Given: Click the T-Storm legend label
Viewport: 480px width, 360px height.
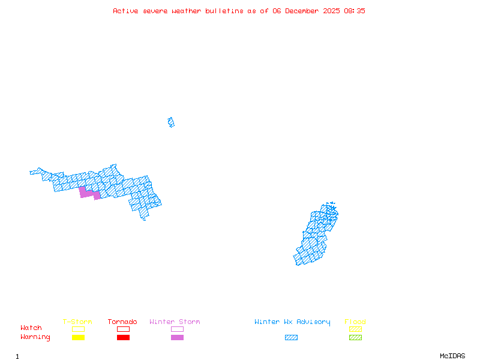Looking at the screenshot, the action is tap(77, 322).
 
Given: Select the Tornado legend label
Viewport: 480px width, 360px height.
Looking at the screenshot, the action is tap(122, 322).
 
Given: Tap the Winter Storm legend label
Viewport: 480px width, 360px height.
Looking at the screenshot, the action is tap(175, 322).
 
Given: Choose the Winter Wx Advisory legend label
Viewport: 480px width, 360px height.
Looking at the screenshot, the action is tap(292, 322).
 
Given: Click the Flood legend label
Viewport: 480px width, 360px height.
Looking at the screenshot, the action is tap(355, 322).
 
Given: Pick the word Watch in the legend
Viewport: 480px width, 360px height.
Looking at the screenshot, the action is tap(31, 328).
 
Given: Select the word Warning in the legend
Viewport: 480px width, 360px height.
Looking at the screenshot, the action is tap(35, 337).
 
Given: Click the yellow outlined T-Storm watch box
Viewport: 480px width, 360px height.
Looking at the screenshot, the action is tap(78, 329).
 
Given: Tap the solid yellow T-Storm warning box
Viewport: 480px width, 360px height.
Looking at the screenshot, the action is tap(78, 338).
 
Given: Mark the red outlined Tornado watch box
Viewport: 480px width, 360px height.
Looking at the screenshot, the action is tap(123, 329).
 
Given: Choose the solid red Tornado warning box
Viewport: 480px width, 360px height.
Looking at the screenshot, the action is tap(123, 338).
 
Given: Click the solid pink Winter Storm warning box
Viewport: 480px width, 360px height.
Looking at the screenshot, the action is tap(177, 338).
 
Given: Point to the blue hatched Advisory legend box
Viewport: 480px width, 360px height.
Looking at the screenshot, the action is tap(291, 338).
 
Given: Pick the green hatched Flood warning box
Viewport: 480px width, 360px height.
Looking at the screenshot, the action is tap(355, 338).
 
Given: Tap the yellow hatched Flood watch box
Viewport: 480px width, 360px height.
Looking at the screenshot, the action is tap(355, 329).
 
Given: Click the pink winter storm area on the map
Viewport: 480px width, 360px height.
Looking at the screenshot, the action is tap(89, 193).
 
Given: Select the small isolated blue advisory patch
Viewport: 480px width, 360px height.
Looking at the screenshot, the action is tap(171, 122).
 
